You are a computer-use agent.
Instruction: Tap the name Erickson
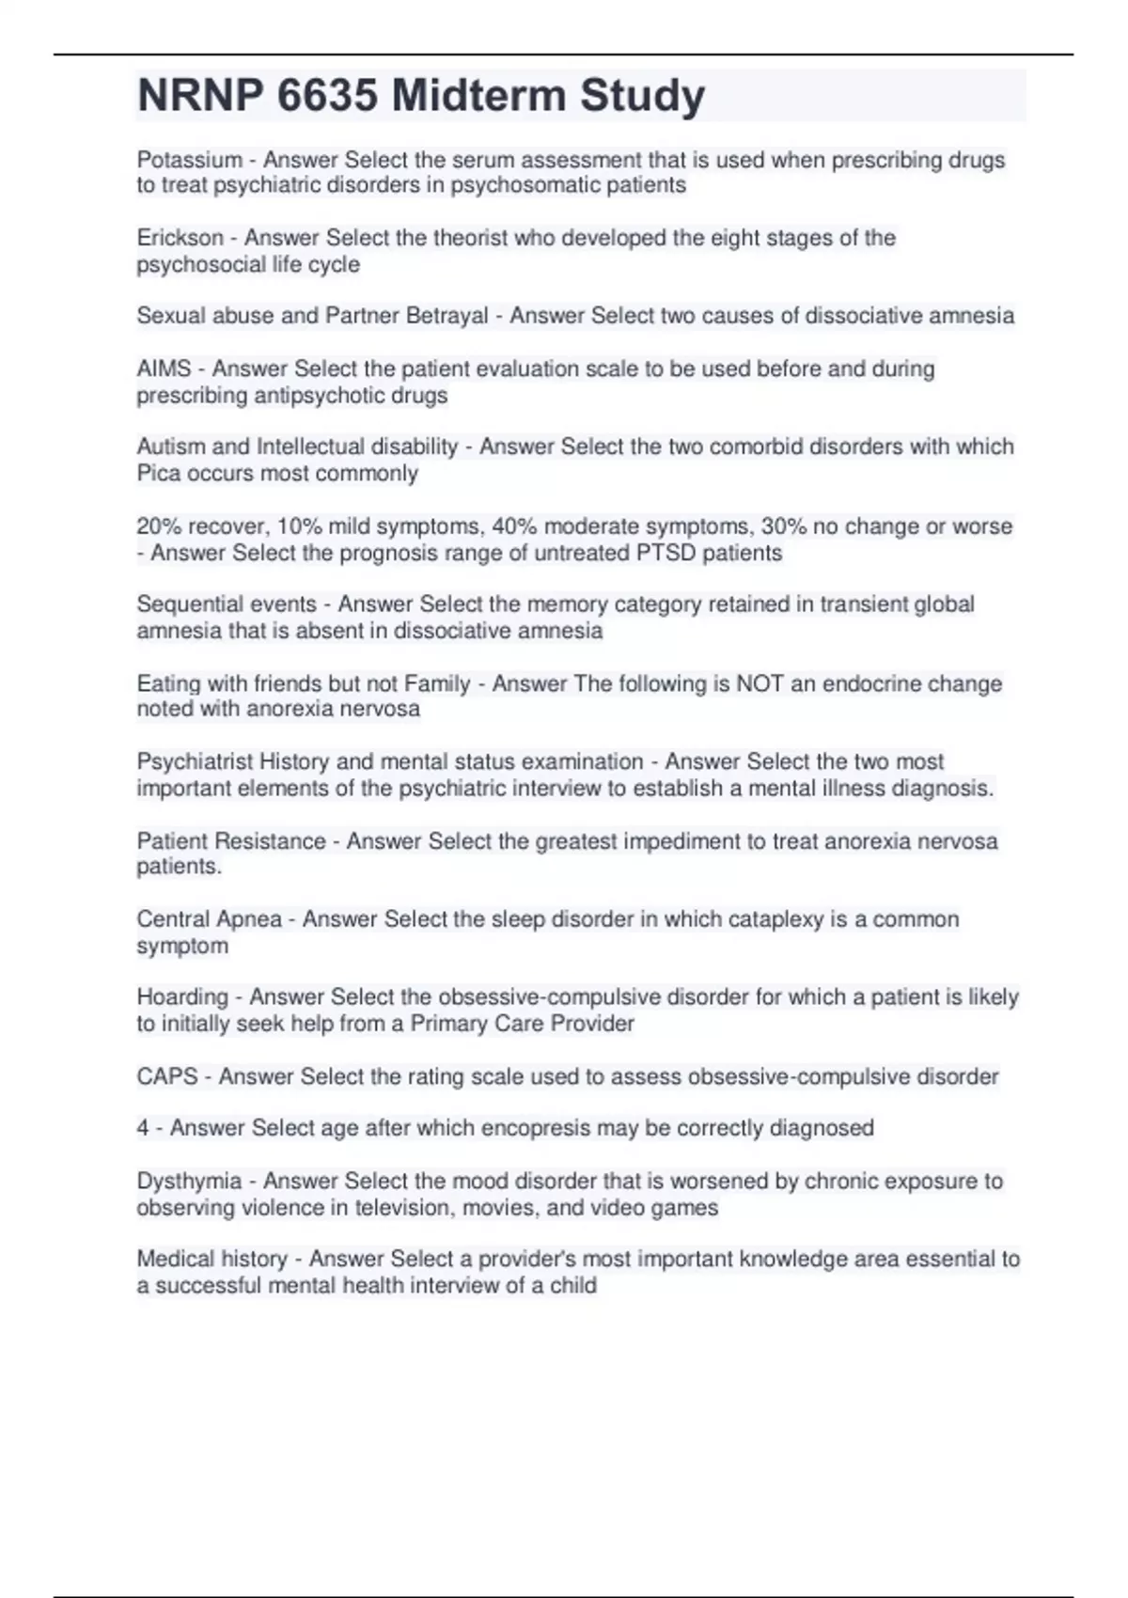pos(180,238)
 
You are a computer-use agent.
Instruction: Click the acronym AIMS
pos(164,368)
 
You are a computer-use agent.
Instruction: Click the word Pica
pos(158,473)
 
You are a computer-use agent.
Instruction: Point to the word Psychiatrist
pos(195,761)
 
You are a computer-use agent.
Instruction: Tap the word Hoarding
pos(182,997)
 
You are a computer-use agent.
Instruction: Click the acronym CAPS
pos(166,1076)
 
